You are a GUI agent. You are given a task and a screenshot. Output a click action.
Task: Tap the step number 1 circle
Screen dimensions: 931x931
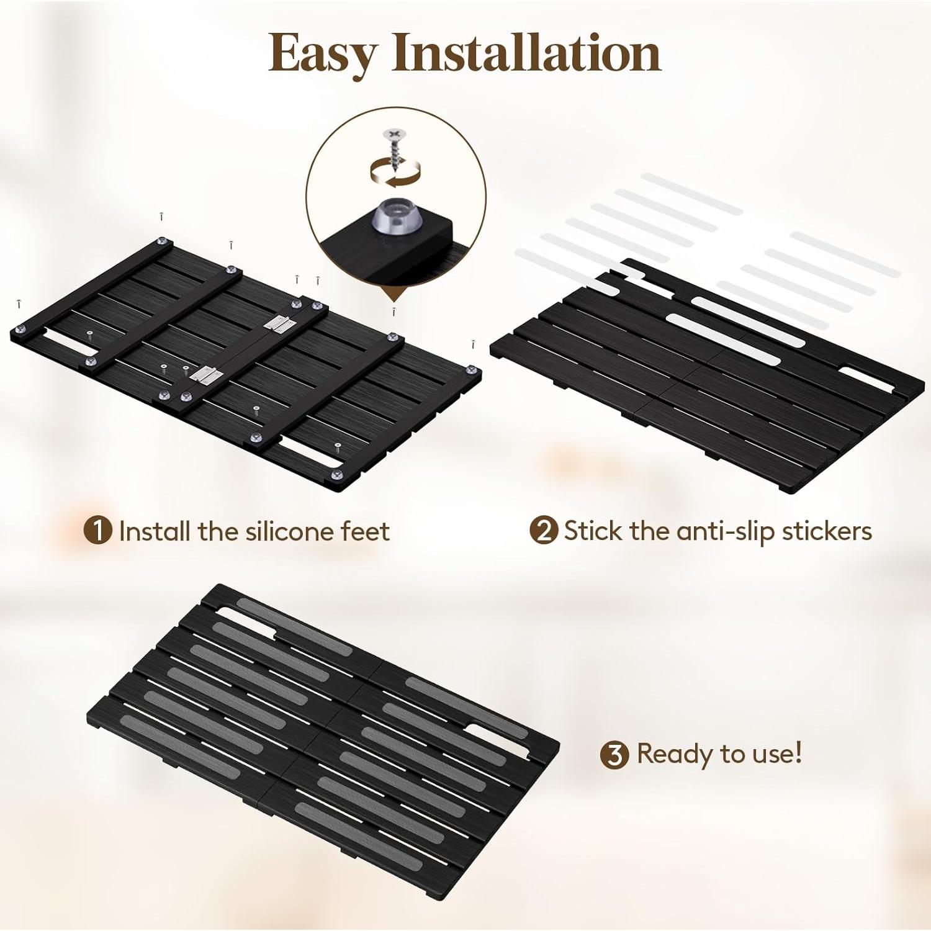click(x=98, y=531)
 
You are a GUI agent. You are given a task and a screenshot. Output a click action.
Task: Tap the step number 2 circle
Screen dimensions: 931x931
click(x=544, y=531)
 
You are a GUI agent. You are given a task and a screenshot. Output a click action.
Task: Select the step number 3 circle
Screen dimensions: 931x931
click(x=614, y=755)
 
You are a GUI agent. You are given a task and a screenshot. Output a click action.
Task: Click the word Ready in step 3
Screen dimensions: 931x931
click(x=675, y=754)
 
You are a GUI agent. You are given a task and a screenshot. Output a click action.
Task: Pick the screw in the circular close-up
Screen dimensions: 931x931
click(x=394, y=149)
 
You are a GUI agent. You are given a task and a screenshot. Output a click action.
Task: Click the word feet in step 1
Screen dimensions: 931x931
click(x=366, y=531)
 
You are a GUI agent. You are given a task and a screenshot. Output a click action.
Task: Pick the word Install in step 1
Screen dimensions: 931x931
click(x=155, y=531)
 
